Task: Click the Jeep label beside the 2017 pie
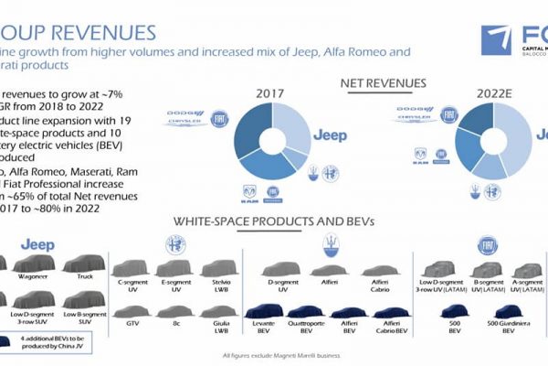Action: [331, 135]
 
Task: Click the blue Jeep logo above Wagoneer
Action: [37, 245]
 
